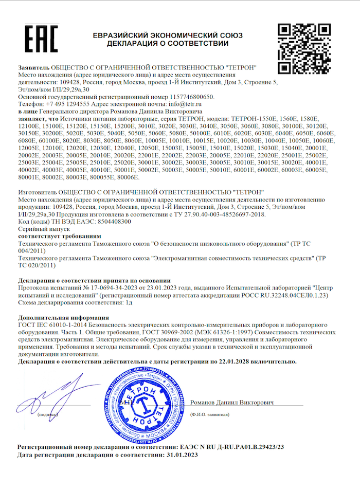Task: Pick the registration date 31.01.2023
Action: (181, 456)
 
